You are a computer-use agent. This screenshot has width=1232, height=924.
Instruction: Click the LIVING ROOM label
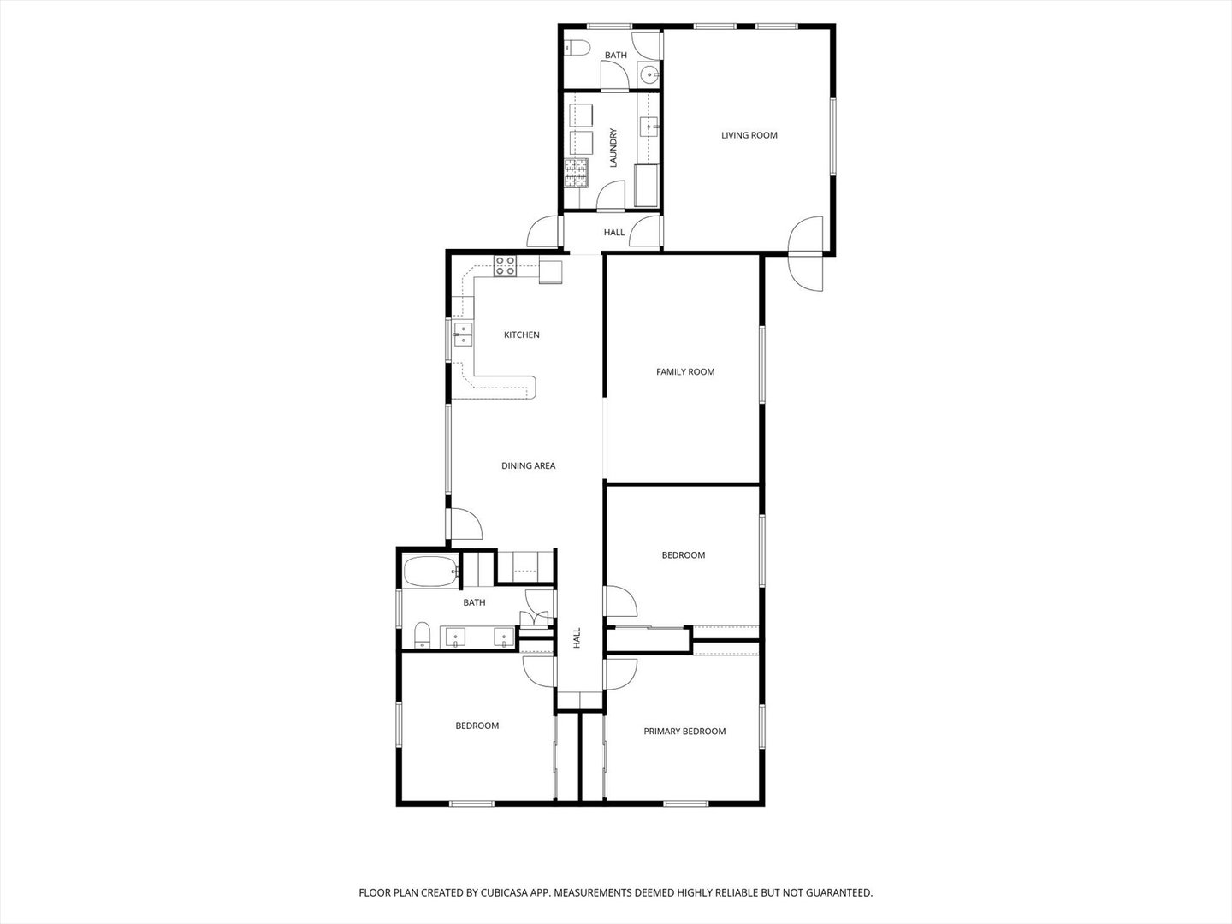749,135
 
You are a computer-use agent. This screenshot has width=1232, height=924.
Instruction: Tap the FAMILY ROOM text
684,372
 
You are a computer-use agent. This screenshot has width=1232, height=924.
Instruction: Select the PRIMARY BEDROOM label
684,731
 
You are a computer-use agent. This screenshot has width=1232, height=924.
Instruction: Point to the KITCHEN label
521,335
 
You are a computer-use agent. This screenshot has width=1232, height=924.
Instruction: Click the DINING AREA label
528,466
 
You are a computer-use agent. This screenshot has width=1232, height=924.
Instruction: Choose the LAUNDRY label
613,147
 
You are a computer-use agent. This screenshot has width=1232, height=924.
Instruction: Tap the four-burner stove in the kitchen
505,265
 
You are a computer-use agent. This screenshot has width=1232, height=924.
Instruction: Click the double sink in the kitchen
463,334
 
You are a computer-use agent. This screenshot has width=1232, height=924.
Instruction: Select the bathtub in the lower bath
430,572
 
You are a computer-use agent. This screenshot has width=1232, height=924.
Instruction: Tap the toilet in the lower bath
421,636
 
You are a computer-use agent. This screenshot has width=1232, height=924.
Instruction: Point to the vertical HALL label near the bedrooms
577,637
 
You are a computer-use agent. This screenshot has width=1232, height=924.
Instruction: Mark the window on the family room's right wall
760,364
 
